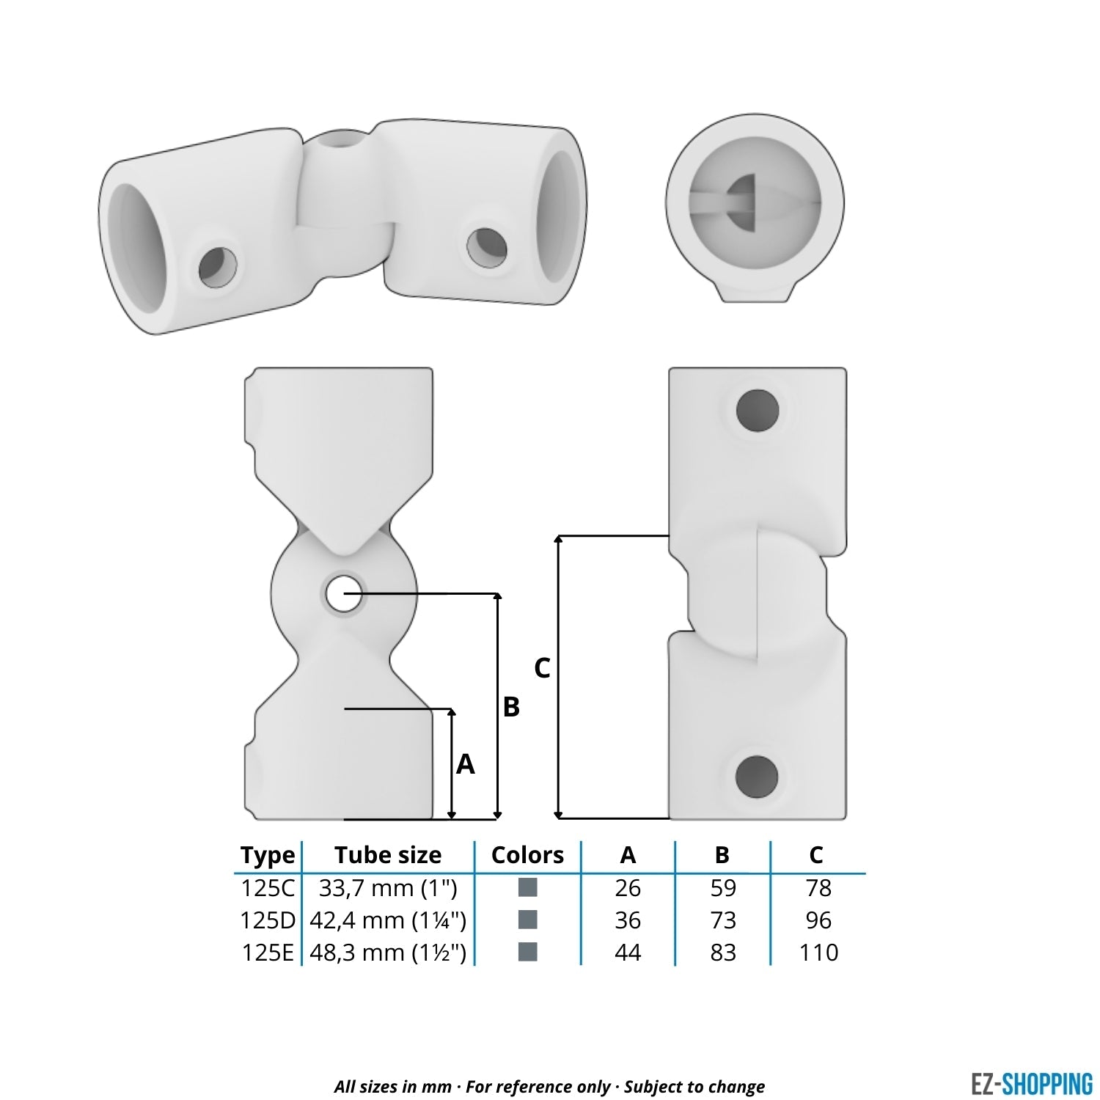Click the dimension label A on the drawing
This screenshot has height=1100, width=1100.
465,765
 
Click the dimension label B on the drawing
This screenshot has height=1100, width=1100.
511,707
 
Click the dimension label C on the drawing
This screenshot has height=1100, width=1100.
542,668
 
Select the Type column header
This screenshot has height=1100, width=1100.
268,855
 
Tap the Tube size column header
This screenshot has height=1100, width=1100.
388,855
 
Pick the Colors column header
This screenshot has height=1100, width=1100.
527,855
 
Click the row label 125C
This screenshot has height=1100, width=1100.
268,888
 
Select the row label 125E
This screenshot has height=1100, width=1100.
268,953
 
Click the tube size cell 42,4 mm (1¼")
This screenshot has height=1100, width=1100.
388,920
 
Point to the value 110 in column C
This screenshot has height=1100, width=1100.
818,953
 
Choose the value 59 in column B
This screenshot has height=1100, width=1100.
722,888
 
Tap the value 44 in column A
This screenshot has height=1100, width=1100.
628,953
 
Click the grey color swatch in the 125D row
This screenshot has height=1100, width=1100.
527,920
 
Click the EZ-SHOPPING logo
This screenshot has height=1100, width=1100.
1031,1084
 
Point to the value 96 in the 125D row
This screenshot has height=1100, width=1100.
818,920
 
